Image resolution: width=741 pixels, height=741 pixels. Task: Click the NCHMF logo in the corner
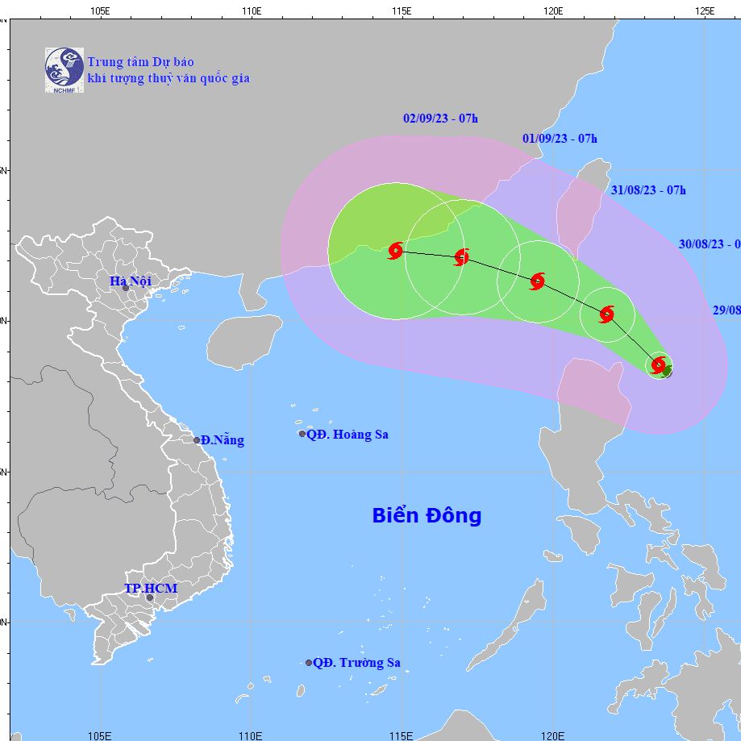point(65,69)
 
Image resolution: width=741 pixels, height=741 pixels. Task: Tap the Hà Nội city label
point(131,281)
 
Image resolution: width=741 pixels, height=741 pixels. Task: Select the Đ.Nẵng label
point(222,440)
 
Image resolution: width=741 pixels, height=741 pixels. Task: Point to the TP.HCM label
point(150,589)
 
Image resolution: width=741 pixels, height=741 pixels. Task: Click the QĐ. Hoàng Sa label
point(348,435)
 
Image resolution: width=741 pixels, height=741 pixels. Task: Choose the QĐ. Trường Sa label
point(356,663)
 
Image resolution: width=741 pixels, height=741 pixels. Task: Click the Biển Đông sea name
point(427,515)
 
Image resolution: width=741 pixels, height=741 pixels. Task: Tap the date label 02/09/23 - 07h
point(440,119)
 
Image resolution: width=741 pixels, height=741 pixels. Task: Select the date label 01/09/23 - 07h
point(560,138)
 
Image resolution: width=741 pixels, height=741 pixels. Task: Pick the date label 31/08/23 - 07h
point(648,190)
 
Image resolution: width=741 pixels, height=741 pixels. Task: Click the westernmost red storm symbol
point(395,251)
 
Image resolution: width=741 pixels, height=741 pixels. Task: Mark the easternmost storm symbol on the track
point(659,364)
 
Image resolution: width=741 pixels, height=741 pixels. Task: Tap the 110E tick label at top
point(251,10)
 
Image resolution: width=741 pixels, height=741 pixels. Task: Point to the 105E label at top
point(99,10)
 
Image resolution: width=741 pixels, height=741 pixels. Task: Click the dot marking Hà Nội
point(126,288)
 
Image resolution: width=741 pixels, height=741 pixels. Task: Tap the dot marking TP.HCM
point(150,597)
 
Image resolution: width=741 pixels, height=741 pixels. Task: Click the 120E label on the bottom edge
point(552,735)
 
